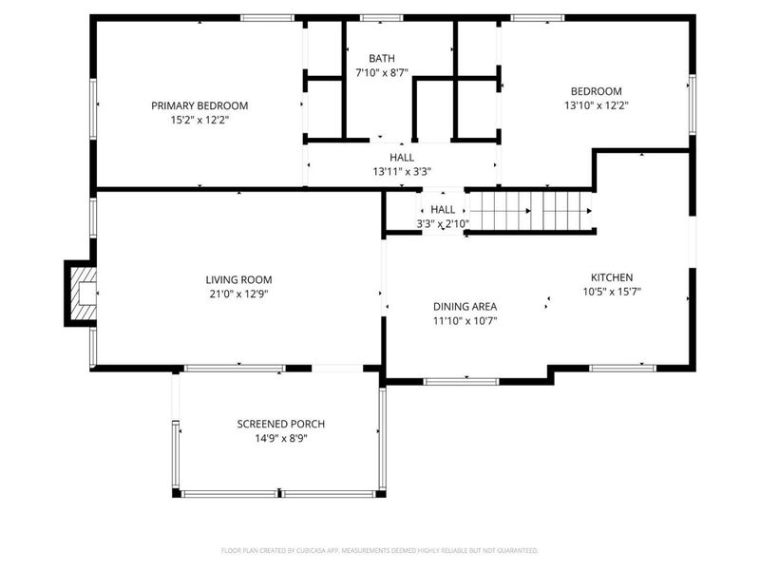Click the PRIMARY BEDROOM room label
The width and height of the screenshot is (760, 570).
pos(199,105)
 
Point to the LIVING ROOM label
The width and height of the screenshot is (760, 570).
pos(238,279)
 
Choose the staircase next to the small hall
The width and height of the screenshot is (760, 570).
pos(532,211)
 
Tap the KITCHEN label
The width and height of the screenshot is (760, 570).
pos(612,277)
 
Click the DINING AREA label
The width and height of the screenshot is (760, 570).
pos(465,306)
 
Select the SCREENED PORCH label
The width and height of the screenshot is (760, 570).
pos(280,424)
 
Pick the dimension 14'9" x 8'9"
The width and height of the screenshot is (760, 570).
pos(280,439)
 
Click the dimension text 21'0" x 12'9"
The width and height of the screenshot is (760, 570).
pos(238,294)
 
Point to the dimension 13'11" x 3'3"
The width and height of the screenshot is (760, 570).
pos(401,172)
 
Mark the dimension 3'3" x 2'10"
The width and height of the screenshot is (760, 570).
pos(443,224)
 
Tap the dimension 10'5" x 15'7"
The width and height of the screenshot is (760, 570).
pos(612,293)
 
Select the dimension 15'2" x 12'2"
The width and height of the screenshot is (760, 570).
pos(199,121)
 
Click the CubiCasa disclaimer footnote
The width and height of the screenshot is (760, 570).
pos(380,550)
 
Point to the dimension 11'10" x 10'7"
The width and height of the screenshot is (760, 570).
pos(465,321)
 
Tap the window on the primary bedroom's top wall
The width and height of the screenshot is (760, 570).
pos(266,17)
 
